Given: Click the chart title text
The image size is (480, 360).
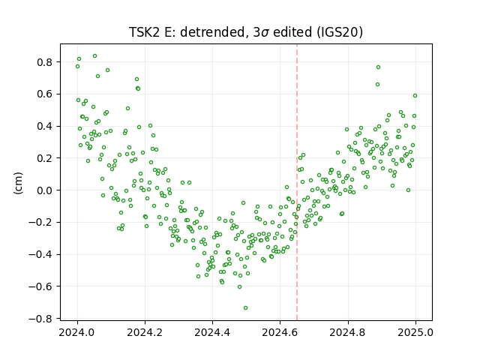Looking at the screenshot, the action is click(x=246, y=32).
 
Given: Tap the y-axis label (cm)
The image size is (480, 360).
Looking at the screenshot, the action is click(x=18, y=183).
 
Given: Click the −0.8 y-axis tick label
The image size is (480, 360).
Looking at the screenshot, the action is click(x=44, y=319).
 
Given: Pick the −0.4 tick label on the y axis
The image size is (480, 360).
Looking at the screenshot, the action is click(x=44, y=255).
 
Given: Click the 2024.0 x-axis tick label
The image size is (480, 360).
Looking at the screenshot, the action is click(x=77, y=332).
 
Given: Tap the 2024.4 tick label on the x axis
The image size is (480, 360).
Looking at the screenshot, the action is click(x=212, y=332).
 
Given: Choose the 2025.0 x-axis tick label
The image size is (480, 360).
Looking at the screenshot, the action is click(x=415, y=332).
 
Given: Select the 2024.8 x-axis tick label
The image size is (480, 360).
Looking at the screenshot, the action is click(x=347, y=332).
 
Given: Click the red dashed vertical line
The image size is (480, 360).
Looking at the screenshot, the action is click(x=297, y=182).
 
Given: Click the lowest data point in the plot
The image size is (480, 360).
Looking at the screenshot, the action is click(x=245, y=307).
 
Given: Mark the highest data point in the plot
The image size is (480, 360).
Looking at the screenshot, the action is click(x=95, y=56).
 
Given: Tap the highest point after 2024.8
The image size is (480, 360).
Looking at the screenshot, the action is click(x=378, y=67).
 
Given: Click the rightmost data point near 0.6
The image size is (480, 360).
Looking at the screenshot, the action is click(x=415, y=95).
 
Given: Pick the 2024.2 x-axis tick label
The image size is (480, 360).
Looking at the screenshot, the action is click(x=145, y=332).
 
